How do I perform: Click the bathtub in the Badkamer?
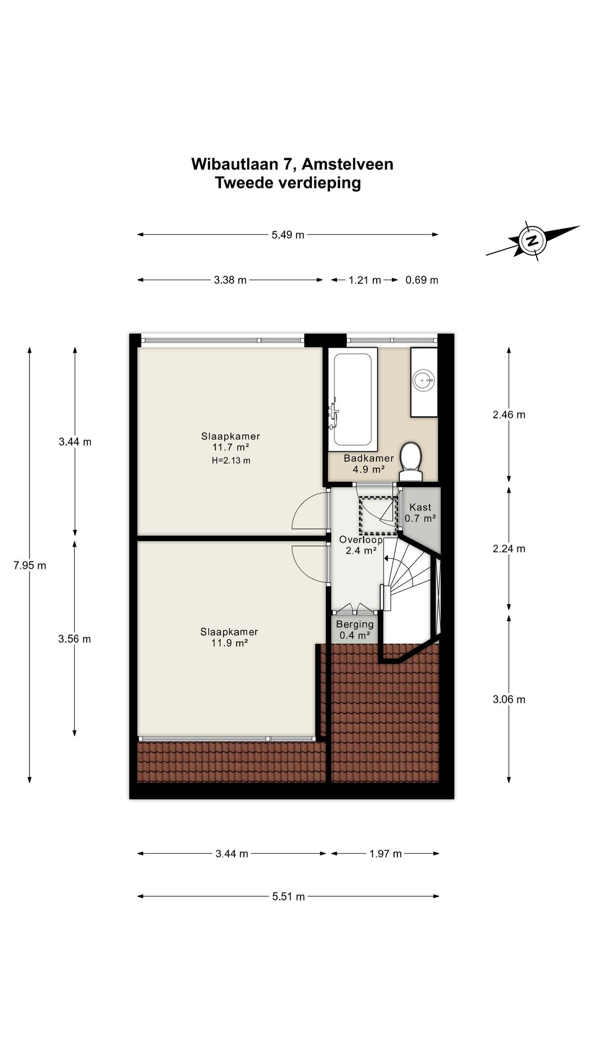pos(352,399)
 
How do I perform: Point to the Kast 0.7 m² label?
pos(420,513)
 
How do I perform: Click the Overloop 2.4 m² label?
pos(361,545)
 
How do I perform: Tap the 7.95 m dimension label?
pos(30,565)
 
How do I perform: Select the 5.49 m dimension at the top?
pos(288,235)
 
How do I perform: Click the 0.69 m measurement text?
pos(422,280)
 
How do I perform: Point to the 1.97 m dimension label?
pos(385,853)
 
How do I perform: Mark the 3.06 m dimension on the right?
pos(509,699)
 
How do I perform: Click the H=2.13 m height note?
pos(231,460)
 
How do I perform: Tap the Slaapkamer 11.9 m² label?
pos(229,637)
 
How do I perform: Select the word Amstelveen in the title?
pos(347,164)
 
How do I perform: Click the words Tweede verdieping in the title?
pos(288,183)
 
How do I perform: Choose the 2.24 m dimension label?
pos(509,549)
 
